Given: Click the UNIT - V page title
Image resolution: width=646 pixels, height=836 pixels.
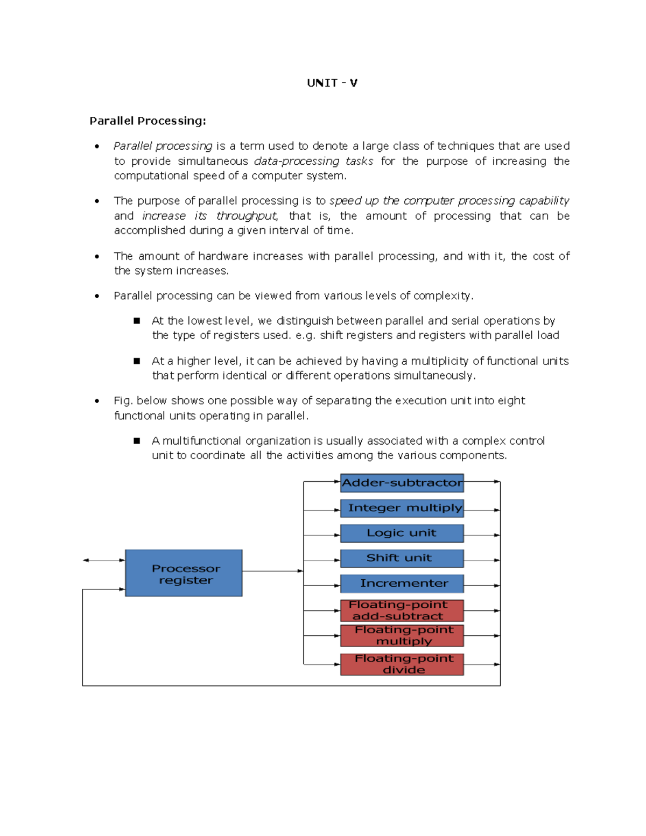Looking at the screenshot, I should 332,83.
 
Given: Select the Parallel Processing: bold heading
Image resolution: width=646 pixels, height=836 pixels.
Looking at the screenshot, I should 148,121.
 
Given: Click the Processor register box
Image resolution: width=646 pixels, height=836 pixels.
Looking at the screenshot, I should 184,573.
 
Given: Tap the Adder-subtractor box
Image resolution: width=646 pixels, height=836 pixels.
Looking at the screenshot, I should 402,483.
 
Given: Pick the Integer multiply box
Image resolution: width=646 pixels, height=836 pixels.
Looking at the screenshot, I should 402,508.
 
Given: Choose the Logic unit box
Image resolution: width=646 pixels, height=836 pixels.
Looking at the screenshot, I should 402,533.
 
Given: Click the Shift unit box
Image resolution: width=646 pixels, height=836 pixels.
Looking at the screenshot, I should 402,558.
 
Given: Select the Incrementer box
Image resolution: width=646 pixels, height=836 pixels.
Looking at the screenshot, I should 402,584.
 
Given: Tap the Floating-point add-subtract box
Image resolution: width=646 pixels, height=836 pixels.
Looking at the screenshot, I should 402,610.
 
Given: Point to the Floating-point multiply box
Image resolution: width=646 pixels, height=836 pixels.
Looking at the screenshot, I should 402,636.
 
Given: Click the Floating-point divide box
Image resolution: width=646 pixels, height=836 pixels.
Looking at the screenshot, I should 402,664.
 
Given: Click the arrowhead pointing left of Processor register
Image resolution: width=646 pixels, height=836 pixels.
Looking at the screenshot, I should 86,560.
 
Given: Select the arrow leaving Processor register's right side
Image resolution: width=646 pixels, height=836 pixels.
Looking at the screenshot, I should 272,571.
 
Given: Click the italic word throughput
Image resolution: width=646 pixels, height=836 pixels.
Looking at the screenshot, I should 247,216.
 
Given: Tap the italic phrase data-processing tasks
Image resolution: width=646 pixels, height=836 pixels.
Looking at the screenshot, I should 313,161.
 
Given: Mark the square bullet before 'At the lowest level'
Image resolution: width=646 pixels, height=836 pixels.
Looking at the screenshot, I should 137,321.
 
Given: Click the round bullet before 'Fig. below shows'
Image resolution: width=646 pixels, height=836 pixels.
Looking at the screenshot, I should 97,401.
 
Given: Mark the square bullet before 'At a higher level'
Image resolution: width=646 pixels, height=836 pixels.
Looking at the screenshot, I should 137,361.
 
